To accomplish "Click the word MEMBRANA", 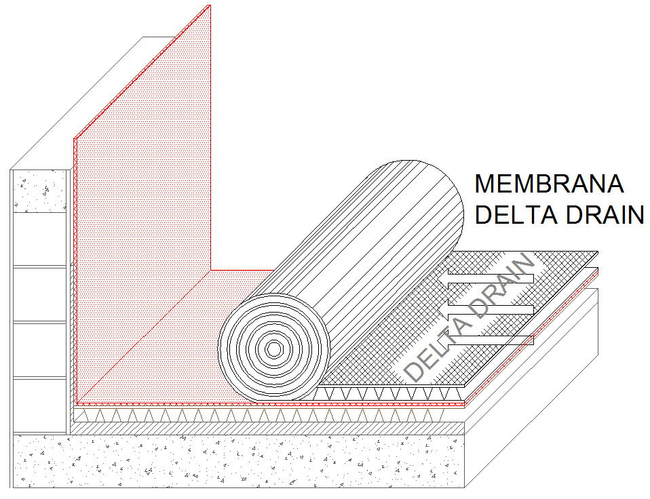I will tap(548, 184).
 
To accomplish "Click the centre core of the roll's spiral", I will tap(273, 348).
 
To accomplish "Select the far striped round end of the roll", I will tap(417, 203).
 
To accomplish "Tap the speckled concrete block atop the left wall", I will tap(41, 191).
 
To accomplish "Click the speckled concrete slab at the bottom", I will tap(237, 461).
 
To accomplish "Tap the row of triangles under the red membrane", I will tap(204, 414).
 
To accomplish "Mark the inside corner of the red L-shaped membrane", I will tap(211, 270).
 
